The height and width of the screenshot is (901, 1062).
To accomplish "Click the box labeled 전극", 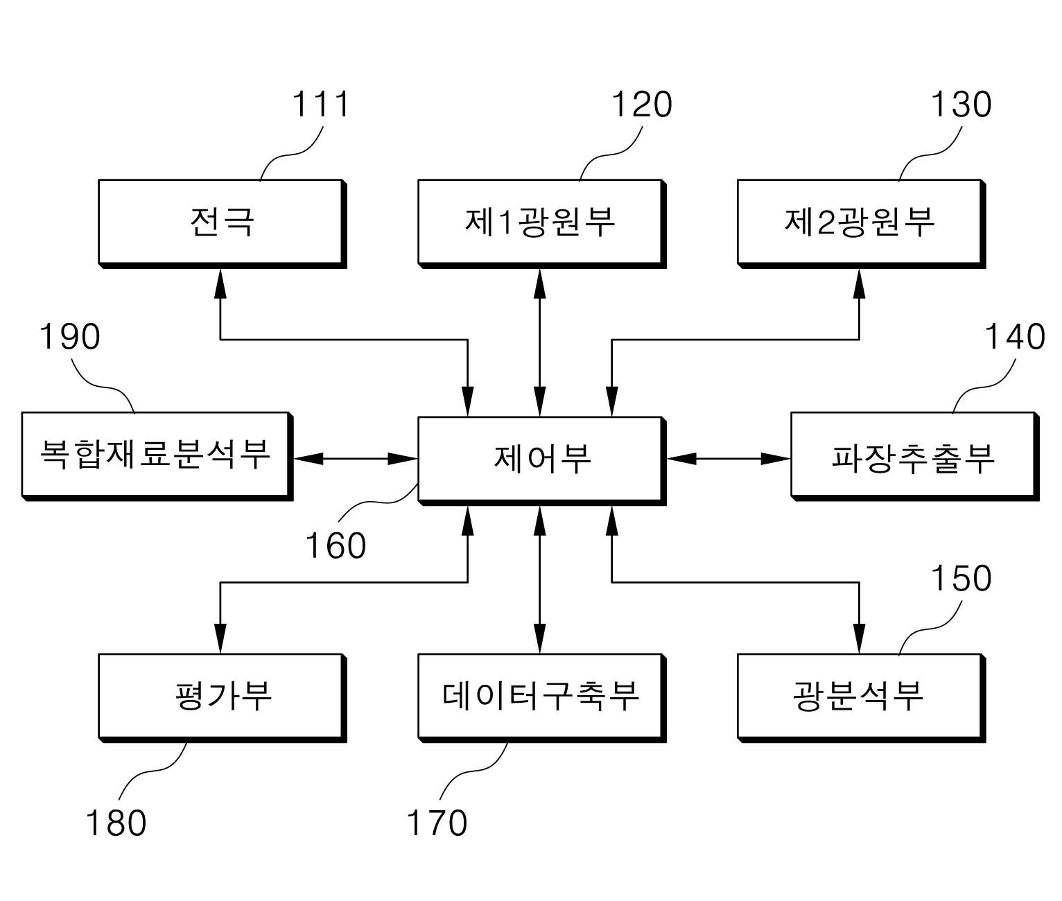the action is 223,223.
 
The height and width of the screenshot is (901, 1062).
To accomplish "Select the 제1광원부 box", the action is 542,223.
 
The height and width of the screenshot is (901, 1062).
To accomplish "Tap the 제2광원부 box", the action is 862,223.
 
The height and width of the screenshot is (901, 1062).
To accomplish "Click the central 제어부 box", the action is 542,461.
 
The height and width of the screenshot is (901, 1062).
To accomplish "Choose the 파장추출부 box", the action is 915,456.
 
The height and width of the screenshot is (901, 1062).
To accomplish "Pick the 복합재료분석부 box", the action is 157,456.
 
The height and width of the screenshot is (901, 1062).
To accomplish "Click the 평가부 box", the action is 223,698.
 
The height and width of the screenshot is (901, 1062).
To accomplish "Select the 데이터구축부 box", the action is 542,698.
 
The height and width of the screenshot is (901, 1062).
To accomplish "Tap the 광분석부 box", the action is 862,698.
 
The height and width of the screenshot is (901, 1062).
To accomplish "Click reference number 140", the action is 1015,337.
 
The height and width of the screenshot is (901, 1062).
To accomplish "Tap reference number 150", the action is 961,579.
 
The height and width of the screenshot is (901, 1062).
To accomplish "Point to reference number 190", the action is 69,337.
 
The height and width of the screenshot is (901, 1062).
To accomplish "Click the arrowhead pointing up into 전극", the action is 220,283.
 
